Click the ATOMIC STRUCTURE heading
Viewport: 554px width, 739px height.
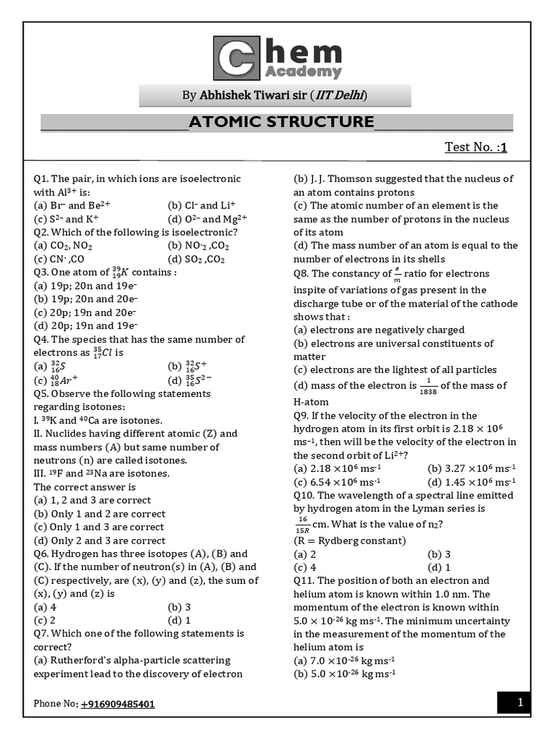click(281, 121)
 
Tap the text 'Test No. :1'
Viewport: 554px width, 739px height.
click(476, 148)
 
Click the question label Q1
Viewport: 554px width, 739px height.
click(41, 179)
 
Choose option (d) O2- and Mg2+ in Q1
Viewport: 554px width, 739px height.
click(207, 219)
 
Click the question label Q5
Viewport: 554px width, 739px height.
click(41, 393)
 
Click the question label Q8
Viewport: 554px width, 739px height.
click(301, 274)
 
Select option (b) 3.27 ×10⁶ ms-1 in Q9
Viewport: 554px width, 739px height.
click(472, 468)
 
